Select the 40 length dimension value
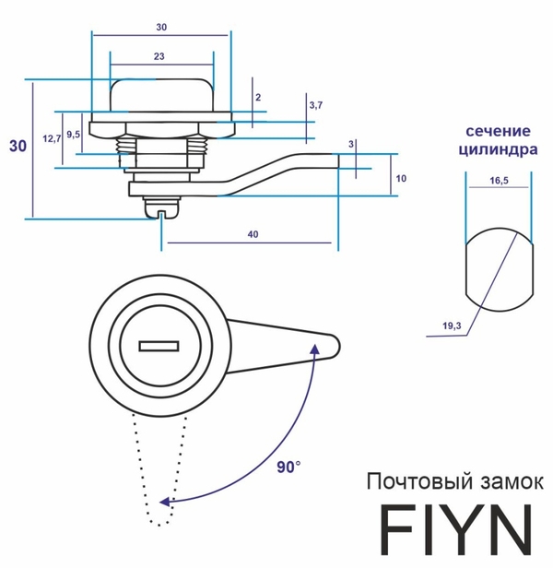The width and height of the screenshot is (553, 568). pos(252,234)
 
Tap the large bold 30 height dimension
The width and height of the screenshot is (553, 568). pos(17,146)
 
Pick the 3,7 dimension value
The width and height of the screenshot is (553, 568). pos(316,105)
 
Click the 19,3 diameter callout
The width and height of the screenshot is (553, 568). pos(451,325)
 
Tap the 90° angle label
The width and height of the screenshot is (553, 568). pos(289,467)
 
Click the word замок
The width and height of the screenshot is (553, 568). pos(503,481)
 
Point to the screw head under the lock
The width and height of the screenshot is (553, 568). pos(161,212)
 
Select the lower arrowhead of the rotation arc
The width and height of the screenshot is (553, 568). pos(166,503)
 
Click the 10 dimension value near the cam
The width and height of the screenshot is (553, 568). pos(401,177)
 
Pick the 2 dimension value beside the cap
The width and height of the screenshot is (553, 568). pos(258,97)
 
